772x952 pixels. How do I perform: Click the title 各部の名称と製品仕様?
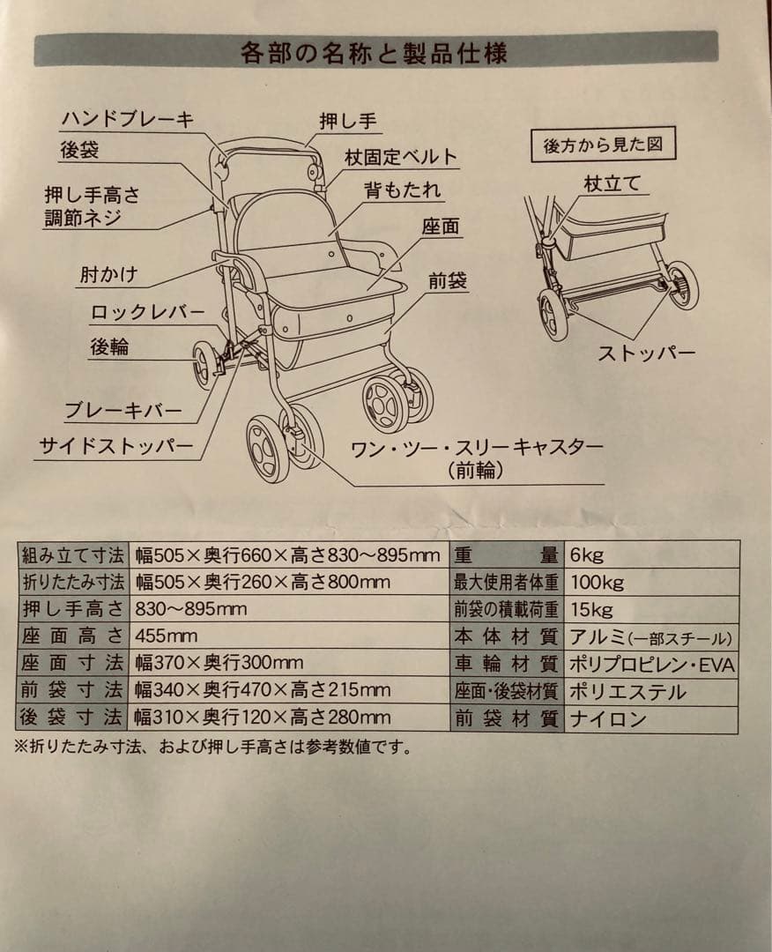tap(374, 53)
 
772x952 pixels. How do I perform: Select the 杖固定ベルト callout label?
tap(402, 157)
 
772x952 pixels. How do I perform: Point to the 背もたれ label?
tap(403, 190)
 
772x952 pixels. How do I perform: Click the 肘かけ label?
tap(108, 274)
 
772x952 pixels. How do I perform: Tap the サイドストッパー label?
tap(115, 447)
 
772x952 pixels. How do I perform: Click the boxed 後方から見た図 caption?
tap(604, 145)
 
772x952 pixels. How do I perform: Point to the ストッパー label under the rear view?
tap(647, 354)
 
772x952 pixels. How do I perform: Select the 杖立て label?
tap(612, 184)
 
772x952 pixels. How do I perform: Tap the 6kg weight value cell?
tap(586, 555)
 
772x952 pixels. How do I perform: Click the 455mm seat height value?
tap(167, 636)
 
